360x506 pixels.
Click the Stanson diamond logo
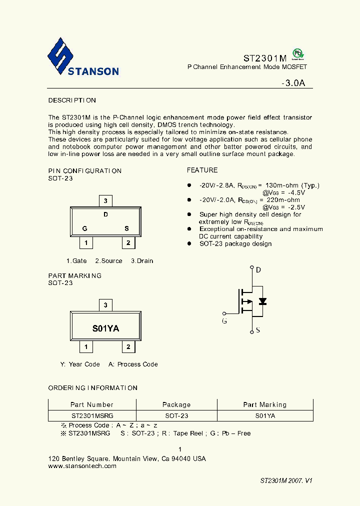click(60, 56)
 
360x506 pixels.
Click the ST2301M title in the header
click(265, 57)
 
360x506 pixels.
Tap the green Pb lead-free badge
click(298, 54)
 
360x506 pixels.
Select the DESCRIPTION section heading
click(72, 100)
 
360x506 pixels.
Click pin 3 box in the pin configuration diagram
click(105, 201)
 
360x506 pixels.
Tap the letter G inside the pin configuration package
click(85, 228)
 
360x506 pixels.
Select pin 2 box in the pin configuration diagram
click(128, 243)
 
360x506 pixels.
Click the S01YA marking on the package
click(105, 328)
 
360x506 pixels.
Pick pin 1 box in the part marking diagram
click(86, 347)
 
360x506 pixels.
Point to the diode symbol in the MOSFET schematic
click(262, 301)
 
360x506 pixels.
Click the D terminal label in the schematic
click(258, 270)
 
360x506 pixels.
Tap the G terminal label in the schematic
click(224, 321)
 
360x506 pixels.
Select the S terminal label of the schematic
click(258, 330)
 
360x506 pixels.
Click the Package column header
click(176, 404)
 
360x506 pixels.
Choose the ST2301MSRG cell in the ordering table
click(92, 415)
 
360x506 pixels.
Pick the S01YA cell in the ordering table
click(265, 415)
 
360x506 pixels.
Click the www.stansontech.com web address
click(82, 466)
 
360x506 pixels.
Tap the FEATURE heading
click(202, 170)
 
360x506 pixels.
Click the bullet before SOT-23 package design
click(189, 244)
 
